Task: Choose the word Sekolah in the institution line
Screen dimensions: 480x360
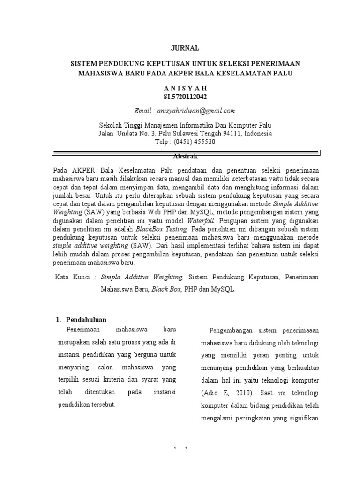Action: (111, 126)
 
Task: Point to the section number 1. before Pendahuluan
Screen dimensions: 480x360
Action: (59, 320)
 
